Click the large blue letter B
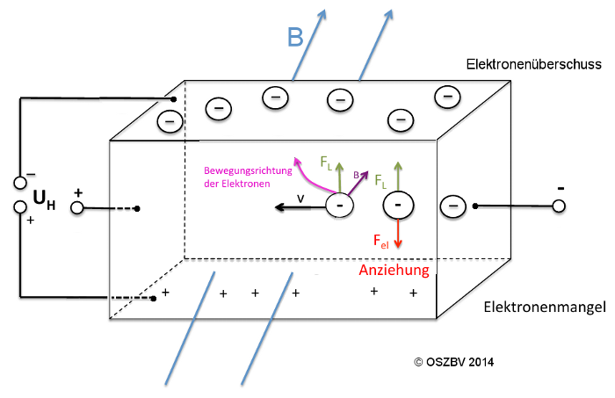(295, 37)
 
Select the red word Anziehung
(394, 271)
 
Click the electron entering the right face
(452, 206)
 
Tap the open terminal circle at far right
(558, 206)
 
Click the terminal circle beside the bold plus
(76, 208)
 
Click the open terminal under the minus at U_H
(18, 183)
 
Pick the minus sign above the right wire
(560, 188)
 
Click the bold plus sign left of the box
(78, 192)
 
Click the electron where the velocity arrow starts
(340, 206)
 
